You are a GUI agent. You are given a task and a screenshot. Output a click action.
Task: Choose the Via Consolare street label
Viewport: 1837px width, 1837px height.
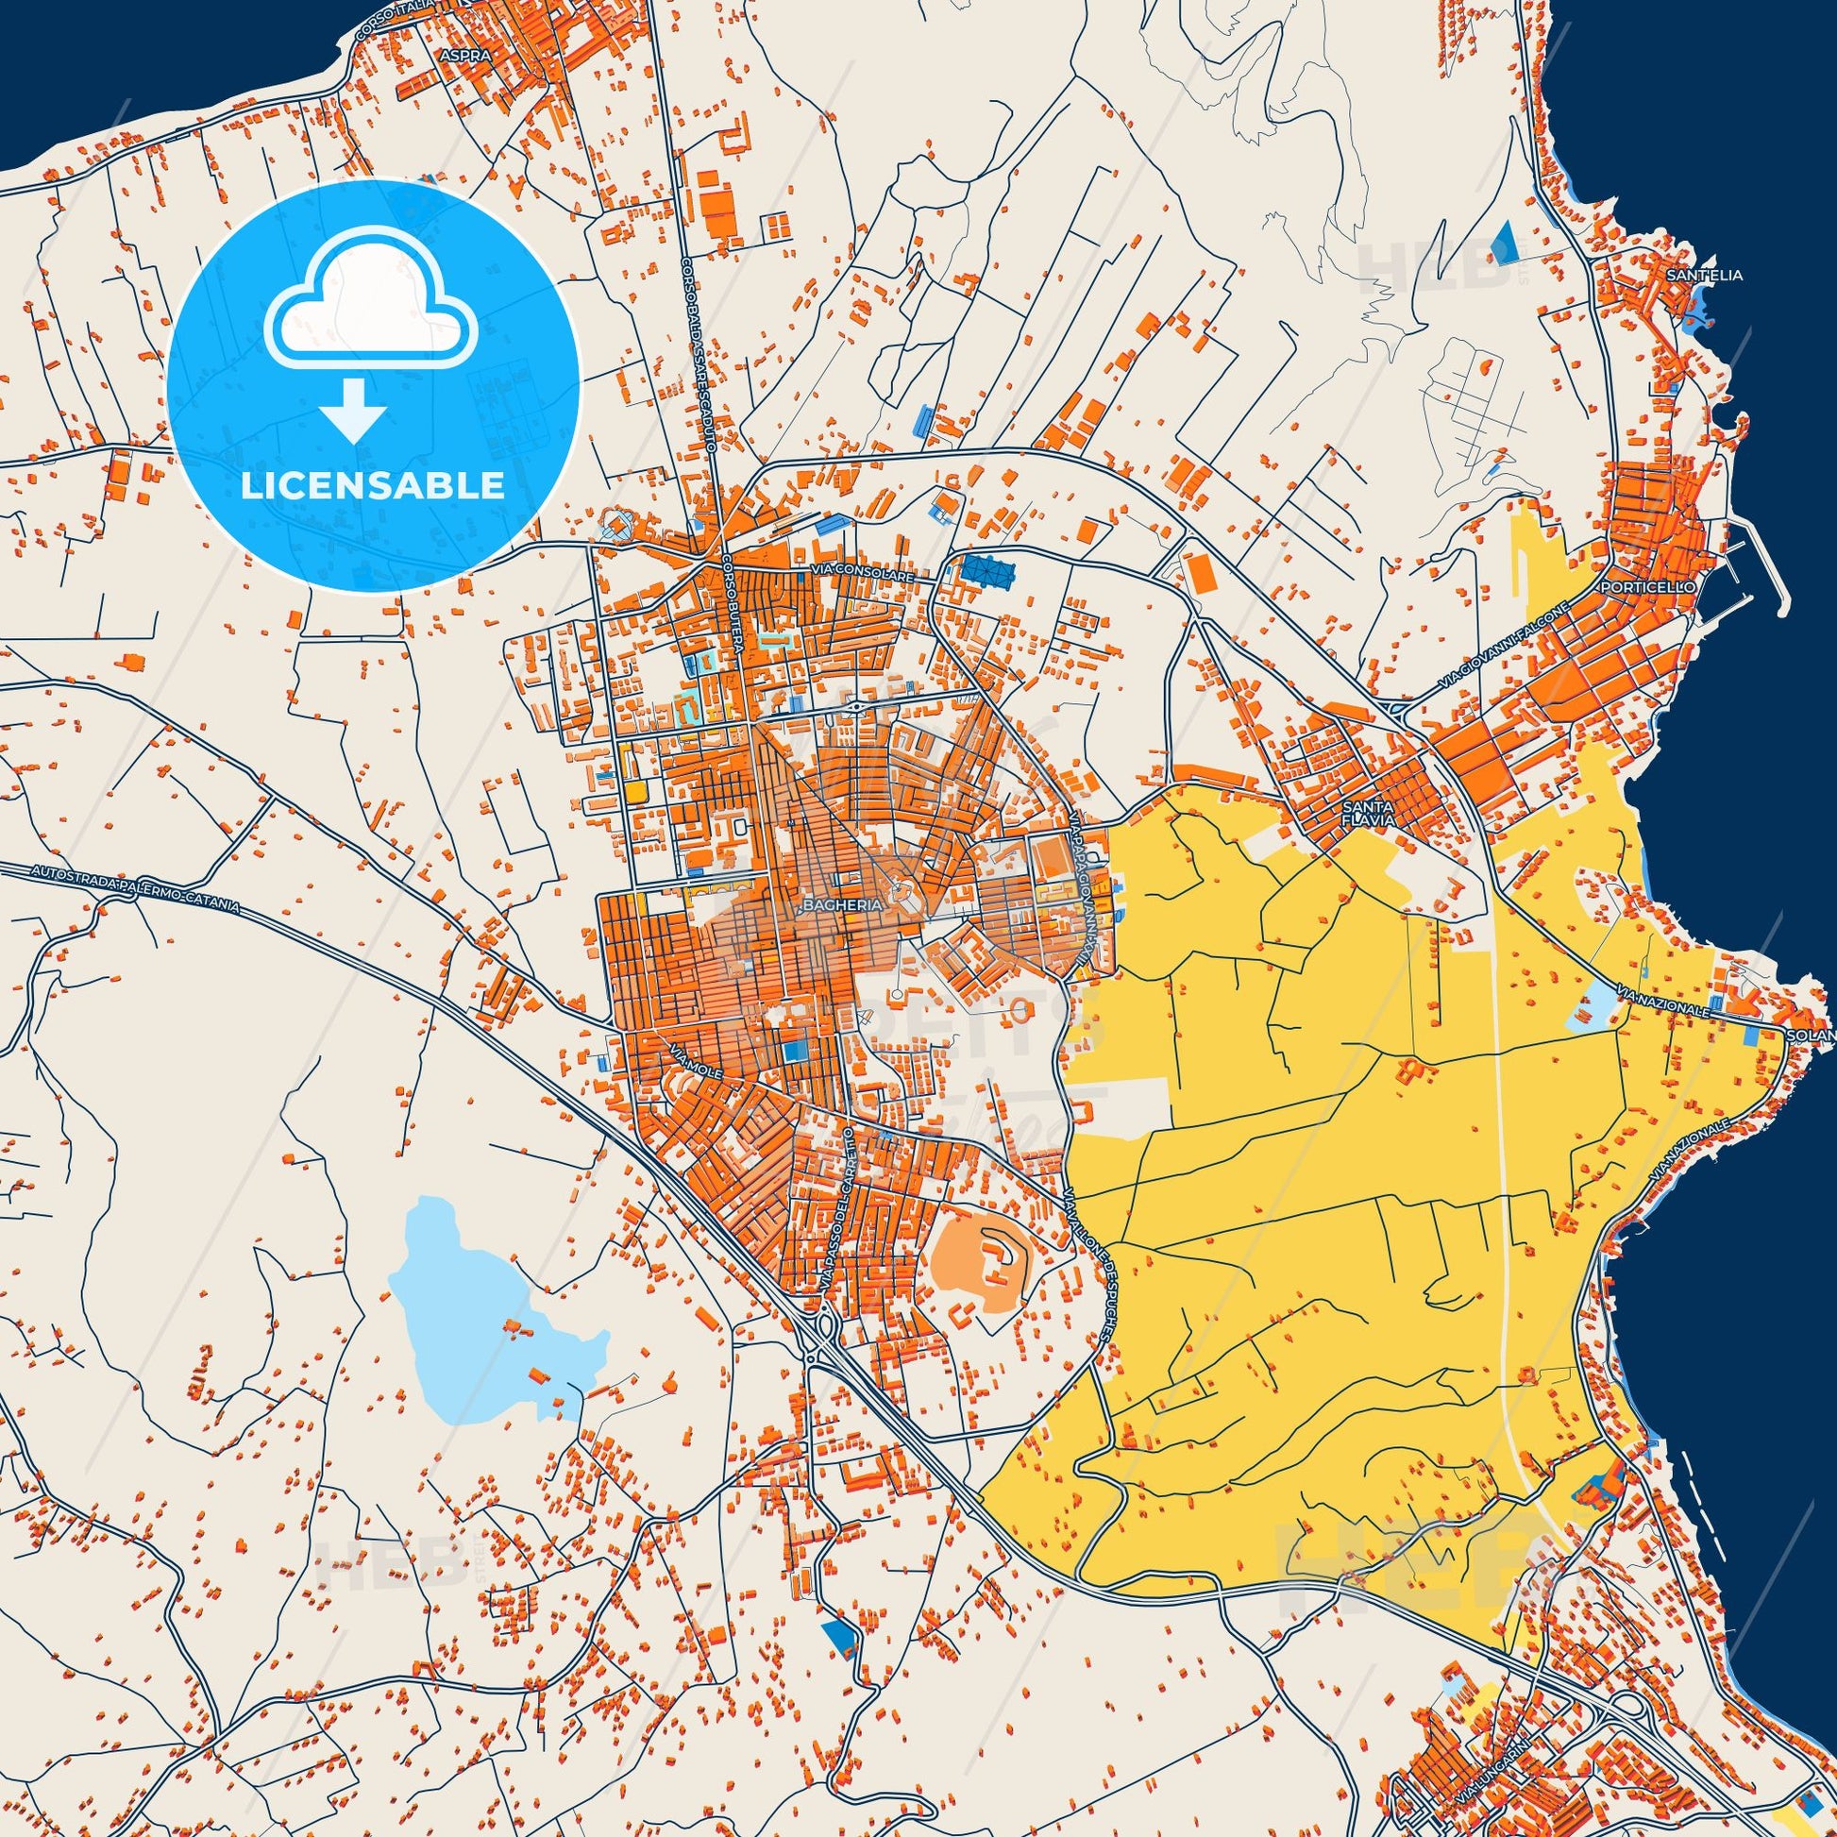[x=862, y=576]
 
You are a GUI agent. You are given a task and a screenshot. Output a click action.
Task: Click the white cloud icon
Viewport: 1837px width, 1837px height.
[x=373, y=311]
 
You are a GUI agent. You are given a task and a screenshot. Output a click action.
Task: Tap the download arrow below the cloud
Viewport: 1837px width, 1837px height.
[x=352, y=411]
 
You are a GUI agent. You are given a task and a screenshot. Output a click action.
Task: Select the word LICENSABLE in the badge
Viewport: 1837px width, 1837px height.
[x=372, y=486]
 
